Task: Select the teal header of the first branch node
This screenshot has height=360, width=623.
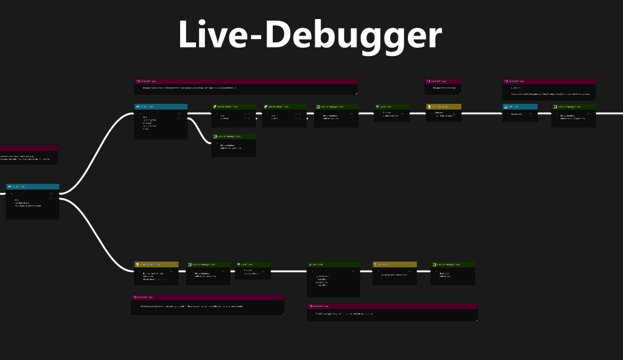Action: click(32, 187)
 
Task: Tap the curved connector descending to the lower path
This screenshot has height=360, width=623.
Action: click(98, 236)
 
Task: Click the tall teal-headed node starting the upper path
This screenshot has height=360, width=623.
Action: click(161, 121)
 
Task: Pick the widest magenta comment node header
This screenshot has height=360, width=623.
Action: click(246, 81)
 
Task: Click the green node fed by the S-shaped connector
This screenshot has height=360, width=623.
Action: click(233, 145)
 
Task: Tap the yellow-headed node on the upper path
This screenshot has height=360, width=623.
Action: click(443, 113)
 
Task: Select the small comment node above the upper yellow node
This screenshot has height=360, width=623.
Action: click(443, 86)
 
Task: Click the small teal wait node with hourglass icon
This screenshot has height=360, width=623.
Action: click(520, 112)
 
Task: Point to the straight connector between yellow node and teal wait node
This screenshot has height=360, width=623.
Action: click(482, 113)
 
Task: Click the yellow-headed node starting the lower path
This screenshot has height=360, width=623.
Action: click(156, 273)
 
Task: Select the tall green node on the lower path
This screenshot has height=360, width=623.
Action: click(333, 279)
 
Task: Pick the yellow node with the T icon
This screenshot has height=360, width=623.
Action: click(395, 273)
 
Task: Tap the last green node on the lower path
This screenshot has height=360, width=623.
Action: click(452, 273)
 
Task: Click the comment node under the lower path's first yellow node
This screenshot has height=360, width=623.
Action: click(207, 304)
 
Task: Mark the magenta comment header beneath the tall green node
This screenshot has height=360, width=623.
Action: click(392, 306)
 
